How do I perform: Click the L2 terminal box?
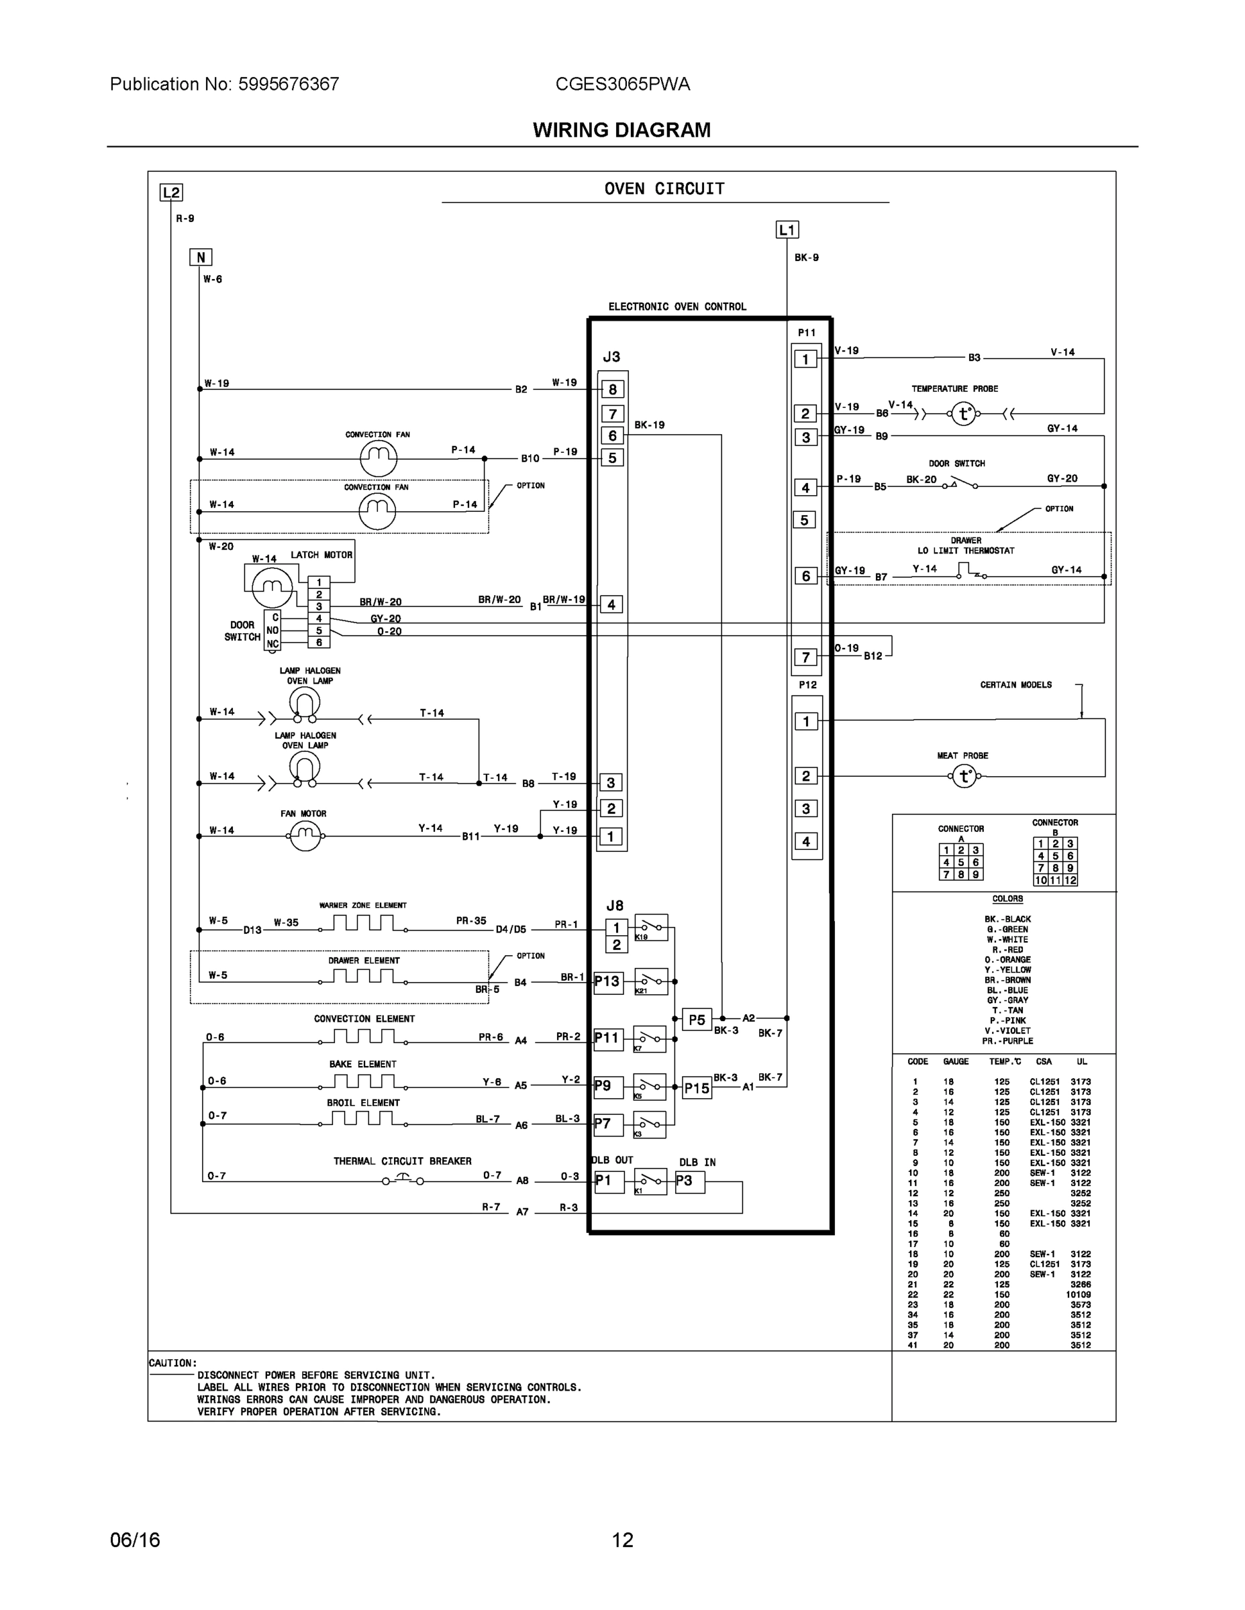(171, 193)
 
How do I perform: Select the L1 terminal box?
(787, 230)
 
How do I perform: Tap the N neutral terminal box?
(201, 258)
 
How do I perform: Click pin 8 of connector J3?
(612, 389)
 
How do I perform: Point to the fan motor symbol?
(305, 836)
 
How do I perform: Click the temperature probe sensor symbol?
(963, 413)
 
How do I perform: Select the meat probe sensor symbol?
(964, 776)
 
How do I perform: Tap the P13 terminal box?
(608, 982)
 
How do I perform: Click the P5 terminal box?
(696, 1020)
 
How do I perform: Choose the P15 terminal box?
(696, 1088)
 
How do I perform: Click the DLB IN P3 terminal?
(689, 1181)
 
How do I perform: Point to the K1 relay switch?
(650, 1181)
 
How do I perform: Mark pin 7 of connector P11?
(805, 657)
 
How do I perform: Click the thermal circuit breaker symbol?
(403, 1180)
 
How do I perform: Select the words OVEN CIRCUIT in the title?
(664, 189)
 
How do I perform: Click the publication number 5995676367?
(289, 84)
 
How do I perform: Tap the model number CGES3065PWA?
(623, 84)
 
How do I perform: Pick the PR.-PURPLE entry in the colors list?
(1007, 1041)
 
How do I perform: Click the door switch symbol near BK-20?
(959, 484)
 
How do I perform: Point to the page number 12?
(623, 1540)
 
